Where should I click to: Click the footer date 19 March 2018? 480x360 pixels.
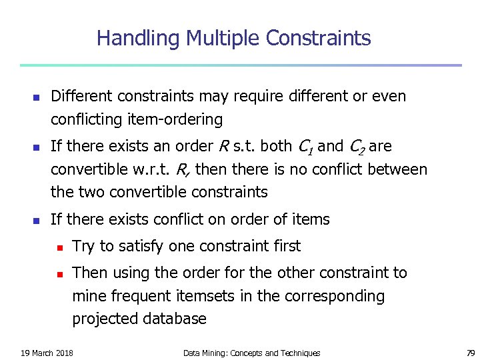(x=47, y=353)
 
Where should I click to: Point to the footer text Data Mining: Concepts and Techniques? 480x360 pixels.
(x=251, y=353)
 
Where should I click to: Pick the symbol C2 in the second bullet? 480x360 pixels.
(x=356, y=147)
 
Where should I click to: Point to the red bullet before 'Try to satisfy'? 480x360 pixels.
(x=59, y=247)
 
